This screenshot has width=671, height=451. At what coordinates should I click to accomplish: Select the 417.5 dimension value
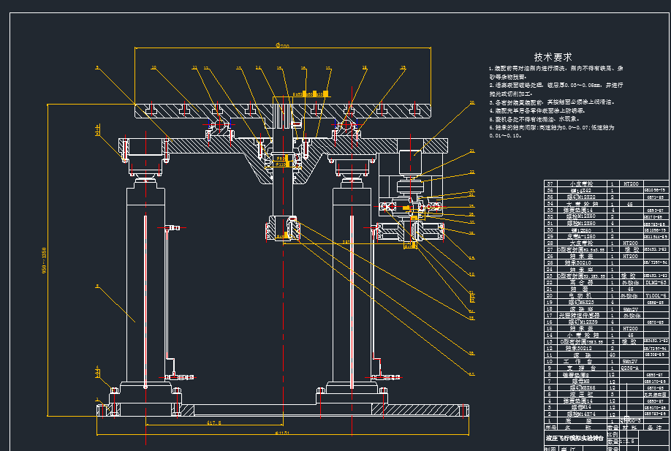point(214,423)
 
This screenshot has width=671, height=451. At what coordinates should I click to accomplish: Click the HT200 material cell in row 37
point(630,183)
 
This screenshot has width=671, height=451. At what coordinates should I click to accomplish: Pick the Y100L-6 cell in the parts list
point(655,295)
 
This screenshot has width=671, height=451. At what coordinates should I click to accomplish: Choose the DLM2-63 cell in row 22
point(655,282)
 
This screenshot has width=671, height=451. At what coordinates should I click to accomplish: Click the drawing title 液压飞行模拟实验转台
point(575,439)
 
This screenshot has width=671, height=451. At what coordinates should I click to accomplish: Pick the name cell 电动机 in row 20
point(582,295)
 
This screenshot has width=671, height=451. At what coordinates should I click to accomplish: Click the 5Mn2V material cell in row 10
point(630,361)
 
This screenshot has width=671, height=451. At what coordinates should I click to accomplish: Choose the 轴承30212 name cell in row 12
point(582,348)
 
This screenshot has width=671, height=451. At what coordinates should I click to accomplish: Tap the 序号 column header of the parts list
point(551,427)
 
